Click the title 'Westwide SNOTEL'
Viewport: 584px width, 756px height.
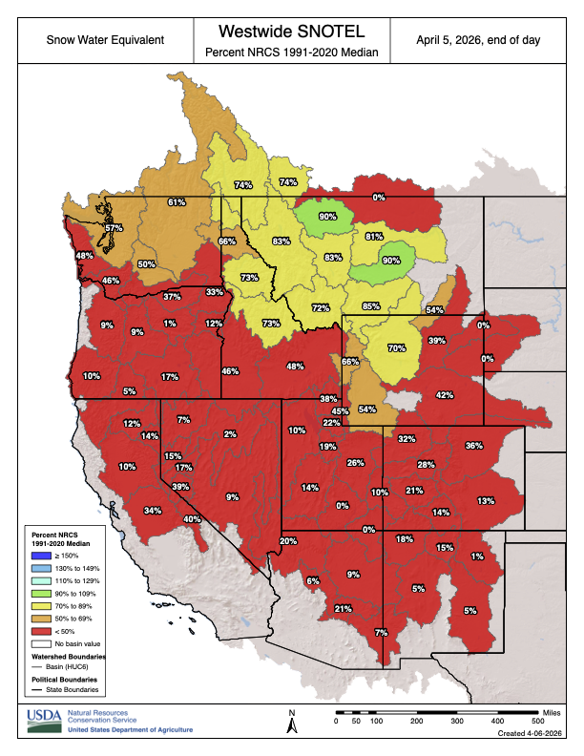click(291, 31)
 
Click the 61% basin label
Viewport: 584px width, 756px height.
click(177, 202)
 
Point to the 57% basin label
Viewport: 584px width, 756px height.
click(115, 228)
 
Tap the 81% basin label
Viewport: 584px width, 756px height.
click(374, 236)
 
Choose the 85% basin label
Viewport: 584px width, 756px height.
click(371, 306)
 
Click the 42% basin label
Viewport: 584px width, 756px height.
click(444, 394)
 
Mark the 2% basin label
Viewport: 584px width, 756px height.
click(230, 434)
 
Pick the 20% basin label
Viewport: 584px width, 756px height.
click(288, 541)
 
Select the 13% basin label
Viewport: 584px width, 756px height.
click(486, 500)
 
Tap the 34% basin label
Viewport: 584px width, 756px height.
click(153, 511)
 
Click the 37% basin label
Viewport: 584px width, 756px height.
click(172, 297)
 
